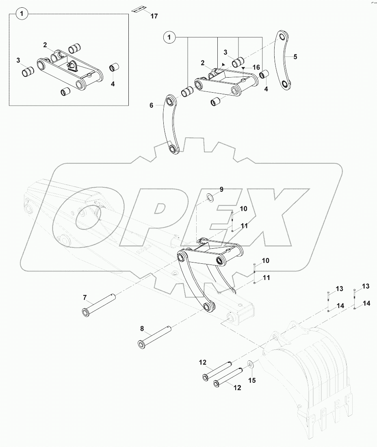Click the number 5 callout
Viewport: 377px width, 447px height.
(x=295, y=56)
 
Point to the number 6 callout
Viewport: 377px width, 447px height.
(x=152, y=105)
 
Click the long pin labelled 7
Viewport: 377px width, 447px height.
(x=100, y=305)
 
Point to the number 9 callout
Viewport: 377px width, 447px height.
(x=221, y=189)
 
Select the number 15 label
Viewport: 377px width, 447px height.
(x=252, y=380)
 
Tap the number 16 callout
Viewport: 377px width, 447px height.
(x=256, y=67)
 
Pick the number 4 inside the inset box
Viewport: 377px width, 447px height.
(x=113, y=84)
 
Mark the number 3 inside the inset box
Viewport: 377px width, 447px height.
(x=18, y=60)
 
